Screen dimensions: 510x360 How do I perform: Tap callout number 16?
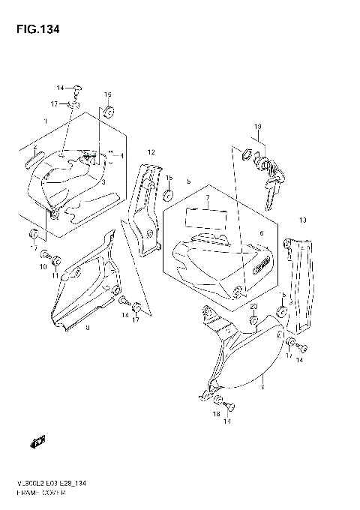[x=107, y=94]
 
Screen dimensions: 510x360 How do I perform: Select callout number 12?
[x=151, y=152]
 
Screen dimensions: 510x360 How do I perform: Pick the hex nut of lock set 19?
[x=246, y=157]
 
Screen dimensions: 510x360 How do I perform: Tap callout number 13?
[x=304, y=220]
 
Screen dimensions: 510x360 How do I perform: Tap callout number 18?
[x=217, y=413]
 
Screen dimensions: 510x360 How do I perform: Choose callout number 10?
[x=43, y=267]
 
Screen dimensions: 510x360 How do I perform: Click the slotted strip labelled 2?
[x=33, y=157]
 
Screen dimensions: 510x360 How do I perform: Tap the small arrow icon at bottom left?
[x=35, y=443]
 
